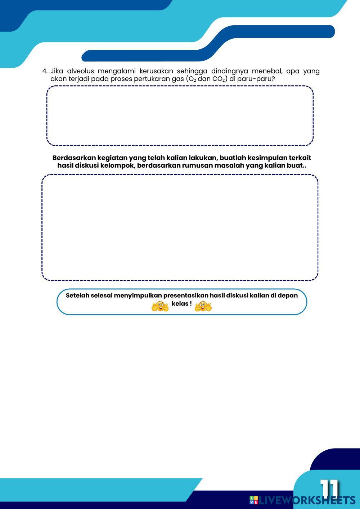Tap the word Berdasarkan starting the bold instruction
point(74,158)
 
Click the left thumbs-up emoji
point(160,306)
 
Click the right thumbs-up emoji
point(203,306)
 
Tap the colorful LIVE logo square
point(254,500)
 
